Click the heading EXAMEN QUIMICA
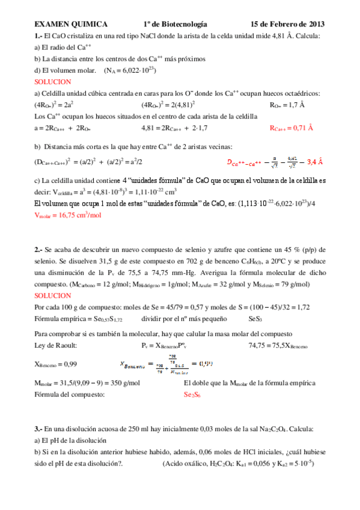pos(71,25)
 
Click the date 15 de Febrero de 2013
pos(288,25)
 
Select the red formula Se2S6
pos(192,395)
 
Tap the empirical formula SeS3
pos(256,318)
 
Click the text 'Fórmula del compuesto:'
pos(70,395)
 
